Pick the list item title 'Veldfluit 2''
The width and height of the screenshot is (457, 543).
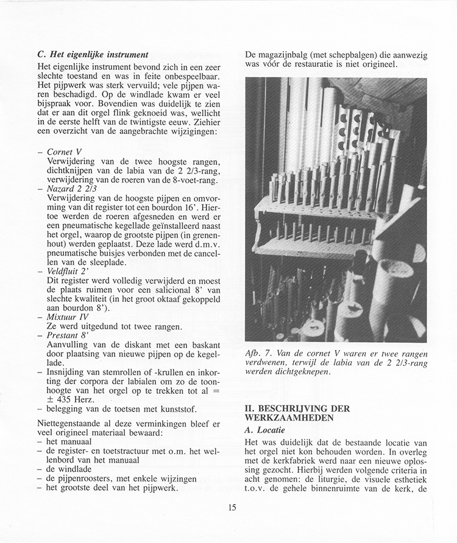tap(68, 270)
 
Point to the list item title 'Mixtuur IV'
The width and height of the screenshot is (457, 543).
tap(67, 317)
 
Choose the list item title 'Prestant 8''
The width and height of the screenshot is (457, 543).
tap(67, 334)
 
